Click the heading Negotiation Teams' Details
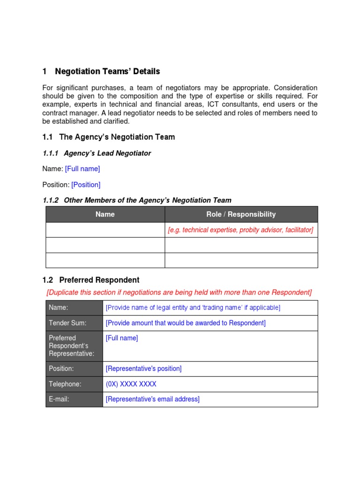107,72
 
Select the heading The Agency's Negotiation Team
117,137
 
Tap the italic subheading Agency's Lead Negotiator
107,153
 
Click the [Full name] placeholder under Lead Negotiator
82,169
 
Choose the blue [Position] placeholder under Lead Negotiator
86,185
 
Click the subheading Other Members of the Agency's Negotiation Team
147,200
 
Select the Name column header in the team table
105,214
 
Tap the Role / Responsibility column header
241,214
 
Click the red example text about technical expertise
240,230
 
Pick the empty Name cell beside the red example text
105,230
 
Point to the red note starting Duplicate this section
179,292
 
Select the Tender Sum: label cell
74,323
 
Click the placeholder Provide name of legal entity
193,307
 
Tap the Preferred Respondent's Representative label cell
74,345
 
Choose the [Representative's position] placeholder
143,368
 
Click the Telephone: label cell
74,384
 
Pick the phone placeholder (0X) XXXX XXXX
131,384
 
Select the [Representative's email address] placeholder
152,399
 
